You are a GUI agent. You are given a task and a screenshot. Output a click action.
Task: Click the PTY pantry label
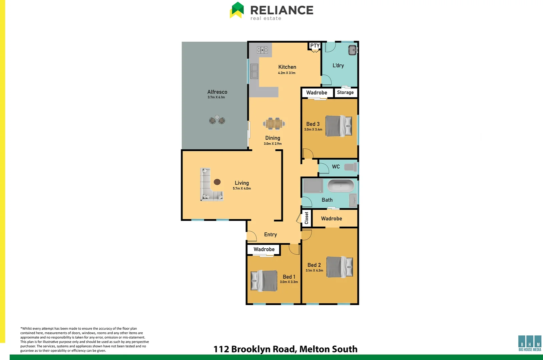[315, 46]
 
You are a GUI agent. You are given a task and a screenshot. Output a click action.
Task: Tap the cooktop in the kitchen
[262, 50]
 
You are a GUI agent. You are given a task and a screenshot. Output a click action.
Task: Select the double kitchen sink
[254, 71]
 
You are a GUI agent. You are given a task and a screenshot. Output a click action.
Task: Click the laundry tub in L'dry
[353, 50]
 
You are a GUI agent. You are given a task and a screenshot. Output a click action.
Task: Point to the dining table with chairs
[274, 124]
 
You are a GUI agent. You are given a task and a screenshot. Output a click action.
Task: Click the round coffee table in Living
[217, 182]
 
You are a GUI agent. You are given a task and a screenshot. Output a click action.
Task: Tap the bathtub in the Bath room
[341, 186]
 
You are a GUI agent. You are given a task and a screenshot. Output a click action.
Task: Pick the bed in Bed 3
[339, 126]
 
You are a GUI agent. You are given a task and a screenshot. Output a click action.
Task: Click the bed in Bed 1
[264, 281]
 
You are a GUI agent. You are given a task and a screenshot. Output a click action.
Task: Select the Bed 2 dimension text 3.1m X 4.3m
[314, 270]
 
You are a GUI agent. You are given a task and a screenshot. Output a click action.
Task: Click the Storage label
[345, 92]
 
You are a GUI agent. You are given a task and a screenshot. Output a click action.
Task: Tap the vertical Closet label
[307, 218]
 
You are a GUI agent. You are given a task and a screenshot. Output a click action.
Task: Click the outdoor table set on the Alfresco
[217, 120]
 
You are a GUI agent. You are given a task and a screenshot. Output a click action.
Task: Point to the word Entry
[270, 234]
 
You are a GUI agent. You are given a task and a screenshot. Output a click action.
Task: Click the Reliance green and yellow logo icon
[237, 10]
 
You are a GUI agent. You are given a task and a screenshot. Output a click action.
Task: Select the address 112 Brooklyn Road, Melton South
[286, 349]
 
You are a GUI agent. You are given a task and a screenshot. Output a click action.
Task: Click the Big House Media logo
[530, 343]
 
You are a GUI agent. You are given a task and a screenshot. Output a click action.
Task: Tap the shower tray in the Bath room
[313, 186]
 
